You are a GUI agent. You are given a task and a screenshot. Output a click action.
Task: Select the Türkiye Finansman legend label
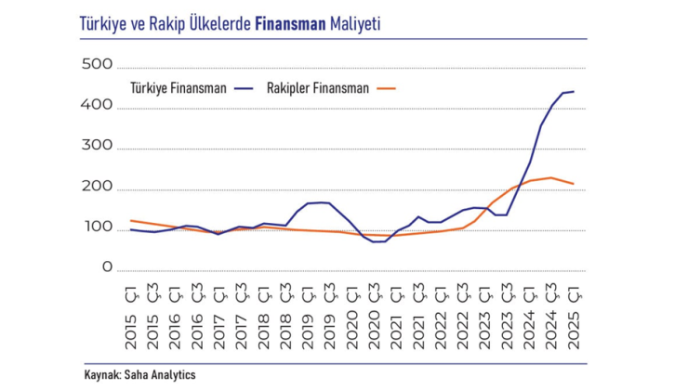(177, 88)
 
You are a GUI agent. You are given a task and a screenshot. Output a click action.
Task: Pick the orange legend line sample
(388, 89)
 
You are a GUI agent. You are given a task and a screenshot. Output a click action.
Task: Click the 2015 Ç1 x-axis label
(131, 318)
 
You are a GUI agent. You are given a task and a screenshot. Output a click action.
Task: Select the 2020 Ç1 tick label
(352, 318)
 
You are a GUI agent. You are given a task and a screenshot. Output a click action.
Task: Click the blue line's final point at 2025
(573, 92)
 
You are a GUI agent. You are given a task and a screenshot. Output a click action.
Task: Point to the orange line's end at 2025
(573, 184)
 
